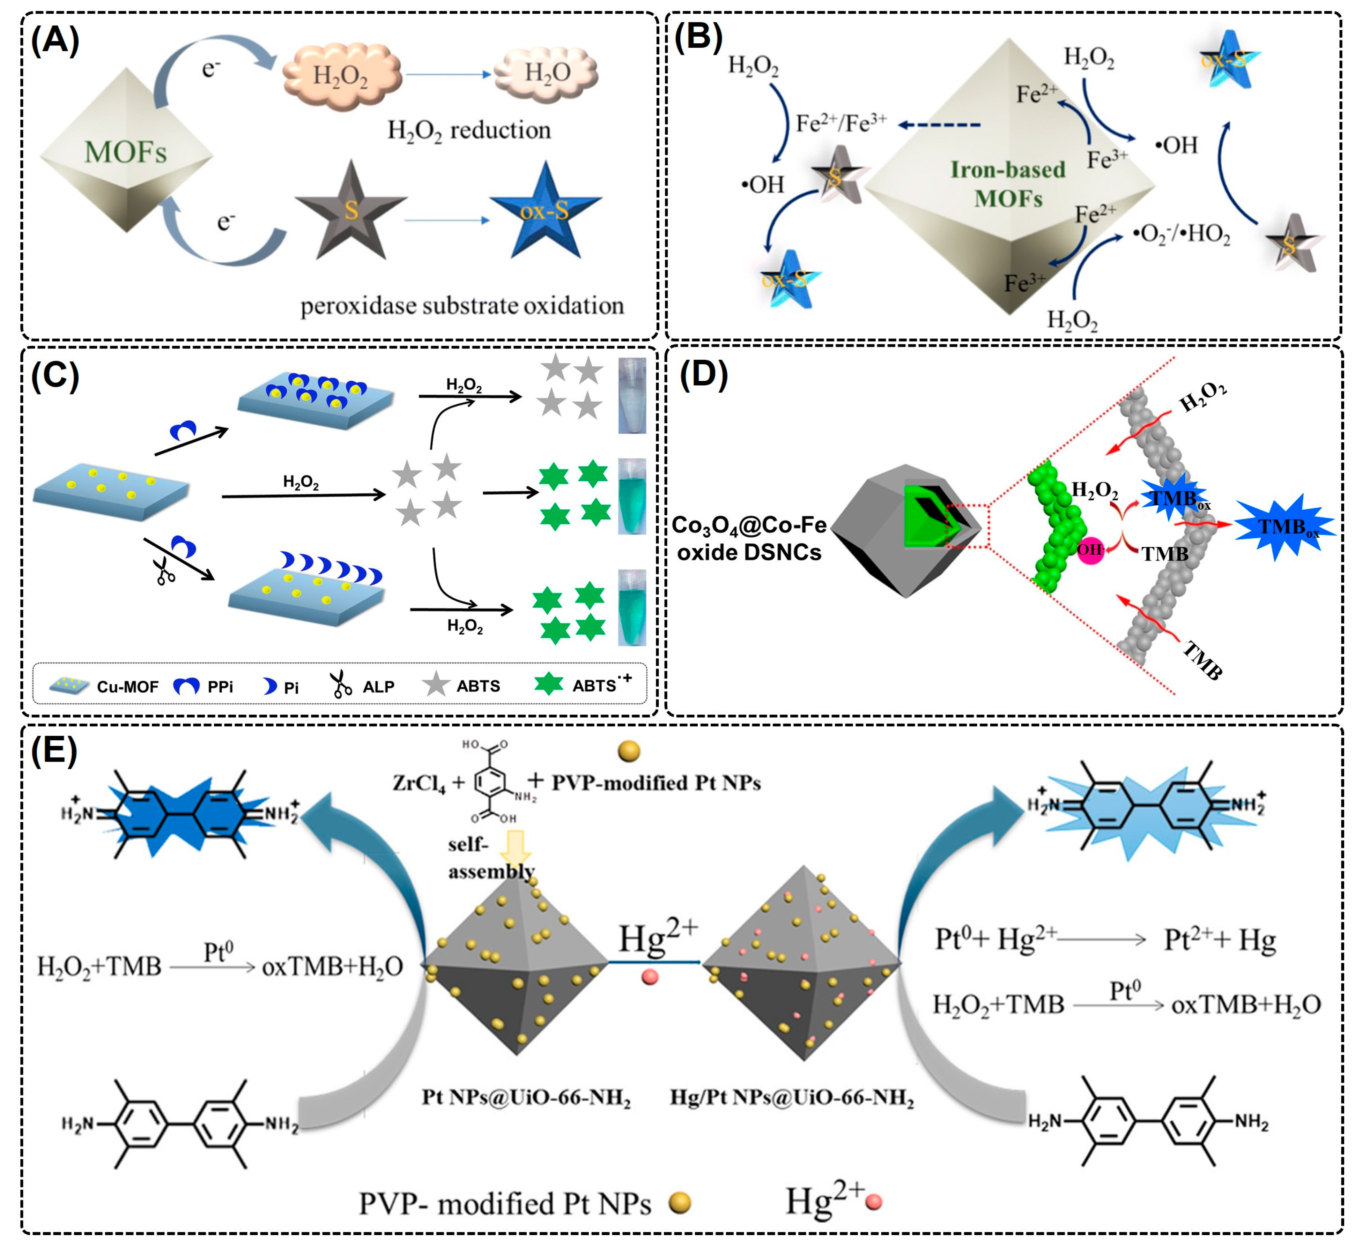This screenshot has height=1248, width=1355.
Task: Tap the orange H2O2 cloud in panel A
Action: pos(341,74)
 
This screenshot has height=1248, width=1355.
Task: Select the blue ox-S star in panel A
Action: pos(545,211)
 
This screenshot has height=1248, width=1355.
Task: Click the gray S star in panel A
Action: pos(351,211)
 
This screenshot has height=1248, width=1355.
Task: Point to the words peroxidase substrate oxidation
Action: pos(462,306)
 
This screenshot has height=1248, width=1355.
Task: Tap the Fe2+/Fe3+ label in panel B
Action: pos(841,124)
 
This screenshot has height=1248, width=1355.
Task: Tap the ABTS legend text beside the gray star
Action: pos(478,686)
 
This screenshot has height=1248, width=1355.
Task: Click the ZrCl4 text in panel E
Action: pos(419,783)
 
